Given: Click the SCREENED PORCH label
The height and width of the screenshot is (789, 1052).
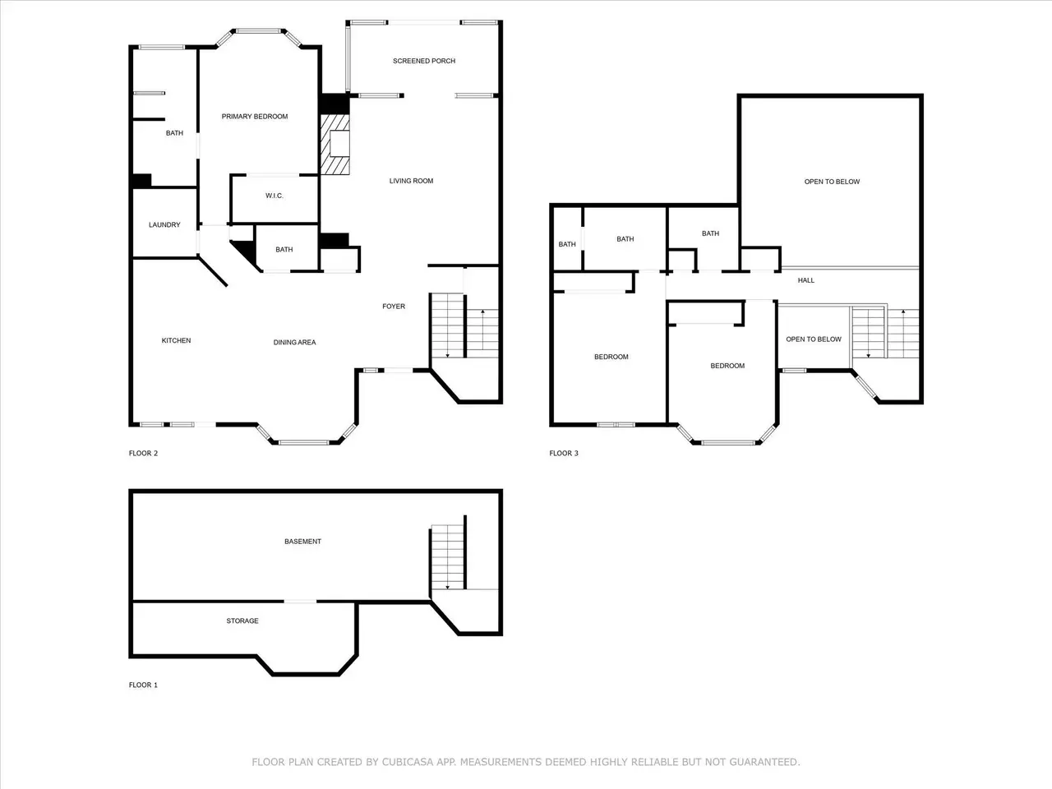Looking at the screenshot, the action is click(x=423, y=61).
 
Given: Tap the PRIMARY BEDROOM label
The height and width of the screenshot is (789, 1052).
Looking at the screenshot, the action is click(x=255, y=117).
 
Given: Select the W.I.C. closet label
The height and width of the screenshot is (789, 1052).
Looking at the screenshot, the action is click(x=275, y=196).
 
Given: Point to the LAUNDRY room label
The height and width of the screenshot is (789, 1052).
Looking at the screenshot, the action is click(x=164, y=224).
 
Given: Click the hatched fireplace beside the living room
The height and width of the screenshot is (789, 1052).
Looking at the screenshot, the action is click(x=335, y=144).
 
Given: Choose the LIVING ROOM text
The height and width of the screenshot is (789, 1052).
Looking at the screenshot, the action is click(x=411, y=181).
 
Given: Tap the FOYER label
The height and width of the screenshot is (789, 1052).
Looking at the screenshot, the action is click(x=394, y=306).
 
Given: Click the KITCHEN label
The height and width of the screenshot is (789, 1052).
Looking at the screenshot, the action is click(x=176, y=340).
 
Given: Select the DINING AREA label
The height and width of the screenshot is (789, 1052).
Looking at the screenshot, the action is click(x=294, y=342).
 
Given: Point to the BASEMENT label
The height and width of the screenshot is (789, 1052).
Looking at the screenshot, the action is click(x=302, y=542).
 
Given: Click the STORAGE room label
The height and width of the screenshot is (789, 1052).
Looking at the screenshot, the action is click(x=242, y=621).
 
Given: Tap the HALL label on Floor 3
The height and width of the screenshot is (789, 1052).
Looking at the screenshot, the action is click(x=805, y=280).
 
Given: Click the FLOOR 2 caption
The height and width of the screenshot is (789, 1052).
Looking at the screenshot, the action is click(x=143, y=453).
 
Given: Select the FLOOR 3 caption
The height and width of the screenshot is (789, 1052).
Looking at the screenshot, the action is click(x=564, y=453).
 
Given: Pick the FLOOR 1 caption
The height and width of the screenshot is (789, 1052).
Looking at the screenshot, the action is click(x=143, y=685).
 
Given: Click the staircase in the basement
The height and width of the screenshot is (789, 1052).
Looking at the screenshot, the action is click(x=448, y=556).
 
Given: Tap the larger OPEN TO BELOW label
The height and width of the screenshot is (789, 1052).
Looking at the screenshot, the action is click(x=832, y=182).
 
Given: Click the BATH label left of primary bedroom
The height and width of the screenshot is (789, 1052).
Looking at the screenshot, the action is click(x=174, y=133).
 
